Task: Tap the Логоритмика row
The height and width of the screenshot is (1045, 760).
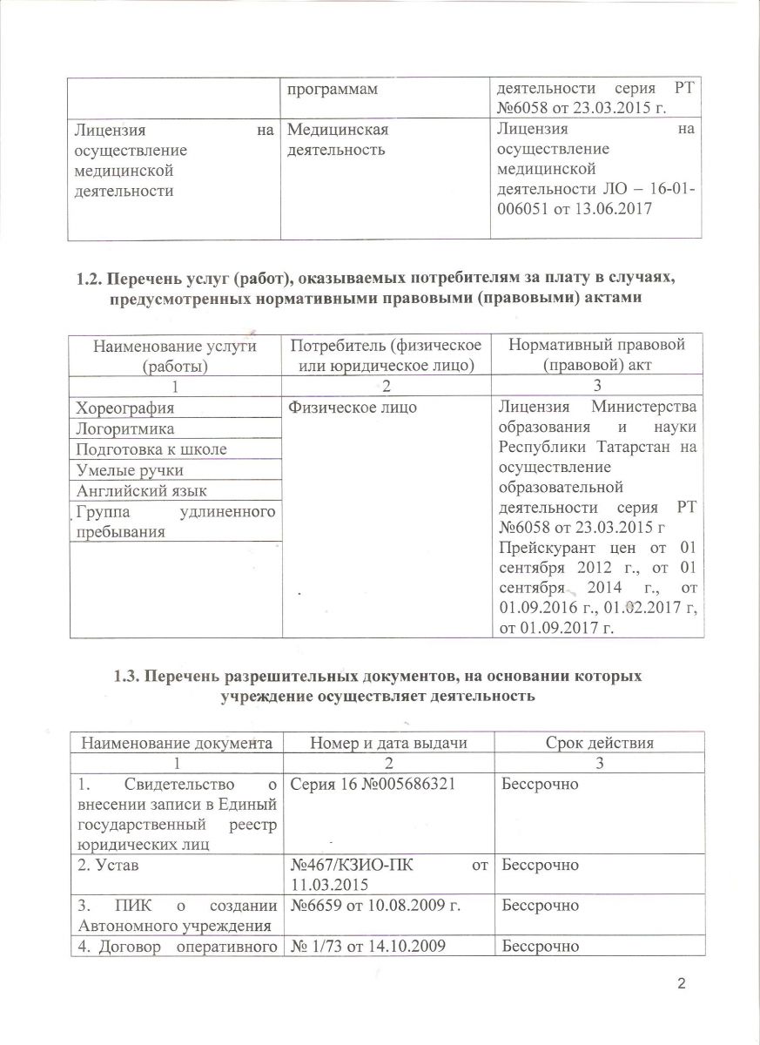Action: pos(125,428)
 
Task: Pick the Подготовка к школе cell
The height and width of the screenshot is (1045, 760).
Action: pos(151,449)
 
